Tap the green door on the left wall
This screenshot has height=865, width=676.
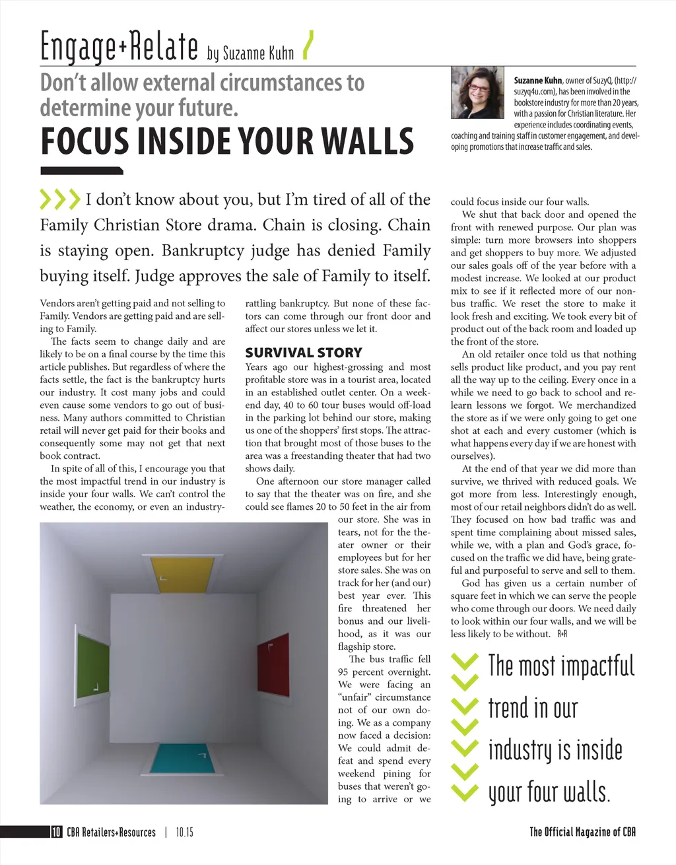pyautogui.click(x=93, y=664)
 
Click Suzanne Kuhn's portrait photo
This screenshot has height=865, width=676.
pyautogui.click(x=477, y=93)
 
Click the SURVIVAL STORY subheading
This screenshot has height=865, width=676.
pyautogui.click(x=304, y=353)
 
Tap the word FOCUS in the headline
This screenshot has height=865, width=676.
pyautogui.click(x=84, y=141)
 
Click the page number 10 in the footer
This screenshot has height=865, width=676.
pyautogui.click(x=56, y=832)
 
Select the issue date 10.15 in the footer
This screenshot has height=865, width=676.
pyautogui.click(x=185, y=832)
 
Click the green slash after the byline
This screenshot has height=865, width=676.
pyautogui.click(x=307, y=46)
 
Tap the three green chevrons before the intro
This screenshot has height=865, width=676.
pyautogui.click(x=59, y=199)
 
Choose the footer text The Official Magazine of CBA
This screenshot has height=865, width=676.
pyautogui.click(x=582, y=832)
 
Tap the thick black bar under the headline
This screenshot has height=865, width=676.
pyautogui.click(x=81, y=171)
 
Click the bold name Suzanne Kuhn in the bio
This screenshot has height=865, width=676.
pyautogui.click(x=537, y=81)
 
